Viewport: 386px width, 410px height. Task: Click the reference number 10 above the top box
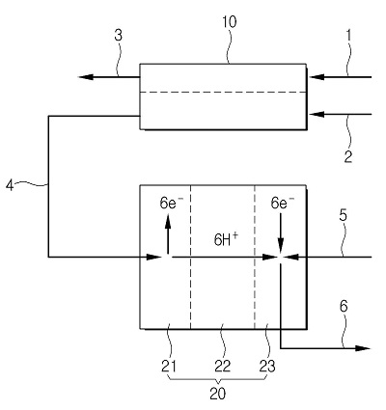click(x=230, y=22)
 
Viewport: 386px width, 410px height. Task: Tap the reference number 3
click(x=119, y=36)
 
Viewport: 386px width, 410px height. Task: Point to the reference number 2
click(x=348, y=157)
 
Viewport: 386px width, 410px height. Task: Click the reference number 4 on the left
click(x=11, y=185)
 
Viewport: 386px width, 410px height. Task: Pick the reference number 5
click(x=344, y=215)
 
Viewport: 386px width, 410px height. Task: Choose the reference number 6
click(x=344, y=307)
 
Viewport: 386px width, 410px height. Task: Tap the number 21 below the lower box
click(x=169, y=366)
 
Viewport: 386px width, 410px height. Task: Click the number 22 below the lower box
click(x=222, y=366)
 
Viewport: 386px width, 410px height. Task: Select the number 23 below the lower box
click(x=267, y=366)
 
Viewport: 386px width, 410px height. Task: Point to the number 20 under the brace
click(x=218, y=394)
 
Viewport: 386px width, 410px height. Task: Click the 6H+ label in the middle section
click(x=227, y=239)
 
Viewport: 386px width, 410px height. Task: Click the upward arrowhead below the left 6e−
click(x=168, y=222)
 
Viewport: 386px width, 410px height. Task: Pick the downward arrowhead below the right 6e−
click(x=281, y=247)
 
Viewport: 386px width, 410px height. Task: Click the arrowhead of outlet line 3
click(x=86, y=77)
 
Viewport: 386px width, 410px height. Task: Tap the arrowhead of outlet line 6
click(x=362, y=348)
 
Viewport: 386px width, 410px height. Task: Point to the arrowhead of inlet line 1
click(x=317, y=77)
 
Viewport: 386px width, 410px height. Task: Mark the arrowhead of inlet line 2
click(x=317, y=114)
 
